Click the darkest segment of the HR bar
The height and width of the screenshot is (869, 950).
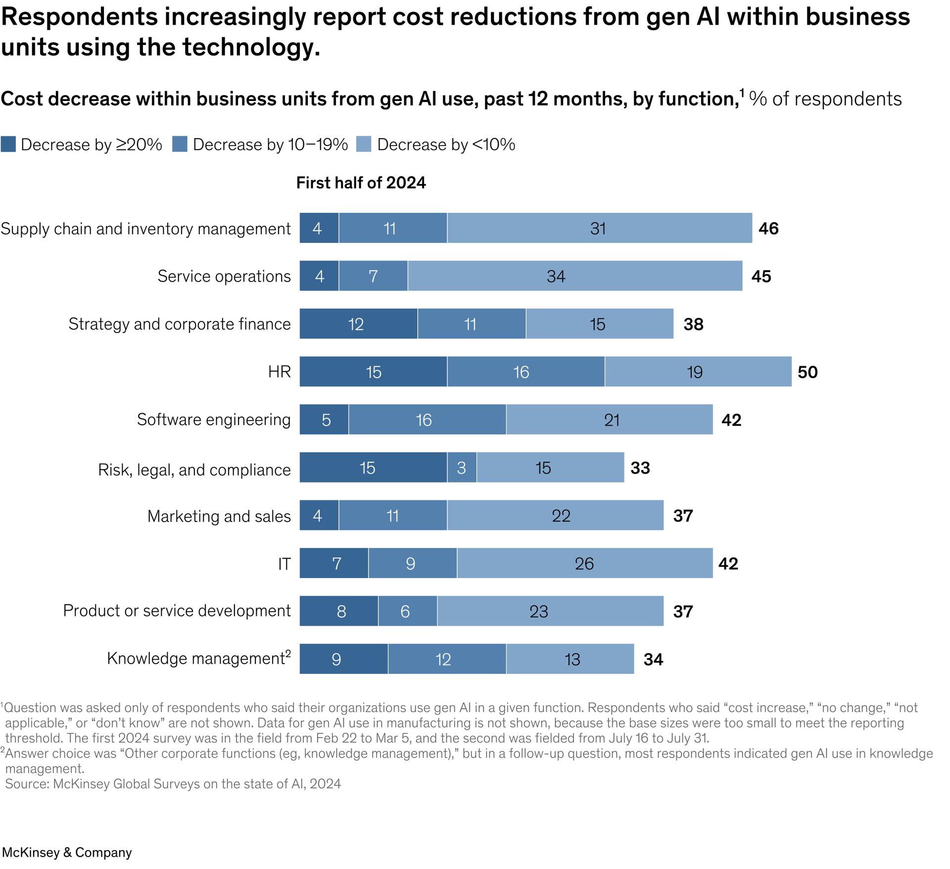click(373, 372)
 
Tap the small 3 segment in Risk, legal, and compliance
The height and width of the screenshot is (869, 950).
click(462, 468)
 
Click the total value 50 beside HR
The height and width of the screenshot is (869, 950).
click(807, 372)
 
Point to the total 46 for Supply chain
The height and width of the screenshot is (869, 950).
click(768, 228)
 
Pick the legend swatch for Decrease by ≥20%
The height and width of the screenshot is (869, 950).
click(8, 145)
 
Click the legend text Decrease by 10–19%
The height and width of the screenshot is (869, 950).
click(270, 145)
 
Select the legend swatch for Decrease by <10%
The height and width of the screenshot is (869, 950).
click(364, 145)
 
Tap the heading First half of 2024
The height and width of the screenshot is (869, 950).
click(361, 183)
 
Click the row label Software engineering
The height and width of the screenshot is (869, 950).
click(214, 420)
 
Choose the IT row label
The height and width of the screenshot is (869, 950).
click(284, 564)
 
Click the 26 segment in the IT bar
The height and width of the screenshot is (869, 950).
click(584, 563)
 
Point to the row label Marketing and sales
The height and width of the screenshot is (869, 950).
click(219, 516)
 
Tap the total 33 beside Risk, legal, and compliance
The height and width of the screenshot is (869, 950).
click(640, 468)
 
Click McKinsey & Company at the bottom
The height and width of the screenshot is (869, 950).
click(67, 852)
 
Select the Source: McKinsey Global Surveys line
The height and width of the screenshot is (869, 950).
click(173, 784)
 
